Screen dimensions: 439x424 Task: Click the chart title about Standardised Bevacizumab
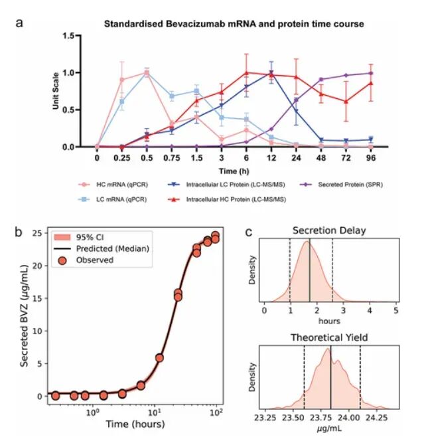click(x=234, y=24)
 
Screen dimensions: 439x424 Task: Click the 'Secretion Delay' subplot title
click(x=330, y=231)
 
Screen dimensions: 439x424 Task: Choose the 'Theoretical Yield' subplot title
click(x=330, y=337)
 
